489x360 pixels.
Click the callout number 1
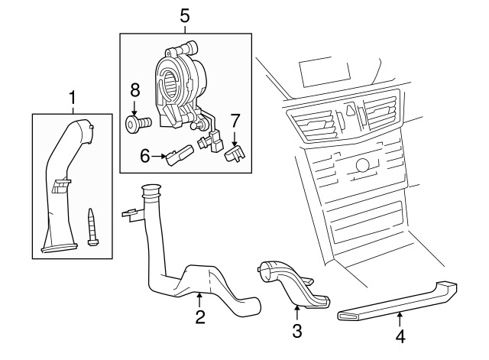[73, 97]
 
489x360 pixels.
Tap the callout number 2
[200, 316]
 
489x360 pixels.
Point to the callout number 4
[399, 335]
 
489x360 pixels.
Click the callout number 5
[184, 15]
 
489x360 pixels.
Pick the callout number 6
[144, 157]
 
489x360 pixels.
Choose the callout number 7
[235, 121]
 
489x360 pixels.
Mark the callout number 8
[134, 89]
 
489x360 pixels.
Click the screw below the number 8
[136, 123]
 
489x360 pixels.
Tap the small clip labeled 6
[180, 156]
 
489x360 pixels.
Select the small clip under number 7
[235, 155]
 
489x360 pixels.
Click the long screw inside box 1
[92, 226]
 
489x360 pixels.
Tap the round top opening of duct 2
[151, 190]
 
